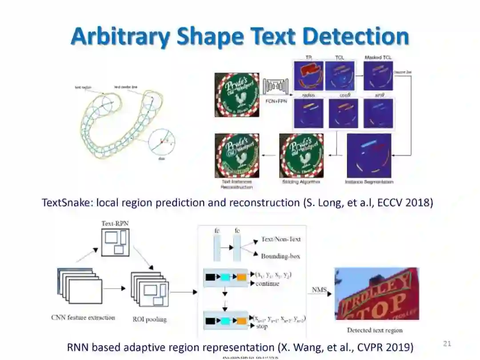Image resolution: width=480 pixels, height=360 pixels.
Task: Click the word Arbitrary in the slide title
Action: [120, 36]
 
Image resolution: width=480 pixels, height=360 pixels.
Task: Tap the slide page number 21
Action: [447, 343]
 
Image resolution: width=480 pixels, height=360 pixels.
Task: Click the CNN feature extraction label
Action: [83, 317]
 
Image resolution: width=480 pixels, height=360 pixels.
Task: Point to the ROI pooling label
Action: [150, 319]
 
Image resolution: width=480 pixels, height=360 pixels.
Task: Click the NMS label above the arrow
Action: [319, 290]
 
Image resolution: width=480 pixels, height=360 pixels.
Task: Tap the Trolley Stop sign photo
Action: [376, 293]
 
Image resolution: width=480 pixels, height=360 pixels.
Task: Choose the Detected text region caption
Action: [375, 330]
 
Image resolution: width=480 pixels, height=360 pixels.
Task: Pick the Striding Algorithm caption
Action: [301, 182]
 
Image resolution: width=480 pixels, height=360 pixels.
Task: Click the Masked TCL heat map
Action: [378, 76]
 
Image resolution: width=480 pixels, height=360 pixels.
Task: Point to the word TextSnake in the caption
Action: [62, 203]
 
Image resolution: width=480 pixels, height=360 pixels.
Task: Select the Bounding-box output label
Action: [280, 256]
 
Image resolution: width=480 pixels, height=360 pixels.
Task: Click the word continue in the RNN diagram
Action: [268, 284]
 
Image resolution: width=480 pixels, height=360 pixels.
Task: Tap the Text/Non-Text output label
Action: [281, 239]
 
